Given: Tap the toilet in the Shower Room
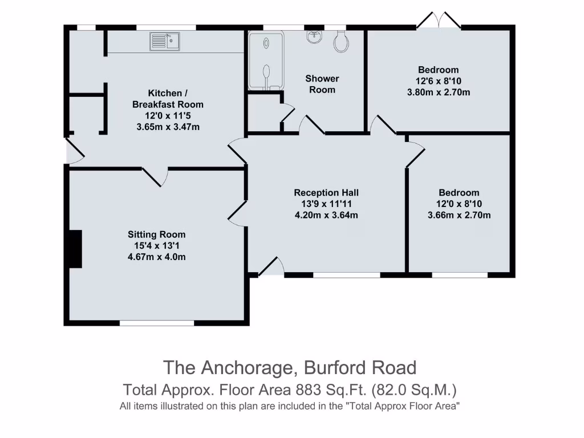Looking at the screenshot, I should [x=342, y=41].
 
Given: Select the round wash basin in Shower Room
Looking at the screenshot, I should [x=314, y=36].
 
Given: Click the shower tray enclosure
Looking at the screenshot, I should [x=266, y=59].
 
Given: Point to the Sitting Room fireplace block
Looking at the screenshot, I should [x=75, y=249].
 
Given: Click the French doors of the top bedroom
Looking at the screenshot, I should [x=439, y=21].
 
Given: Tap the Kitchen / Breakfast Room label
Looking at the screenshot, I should [x=168, y=99].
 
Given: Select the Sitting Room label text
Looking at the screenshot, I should [x=156, y=234].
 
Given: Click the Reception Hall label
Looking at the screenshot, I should [x=326, y=193].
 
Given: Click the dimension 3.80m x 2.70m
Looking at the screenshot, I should [x=438, y=92].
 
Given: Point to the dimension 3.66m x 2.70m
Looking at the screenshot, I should [x=459, y=215].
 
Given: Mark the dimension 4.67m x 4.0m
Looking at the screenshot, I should [x=156, y=257].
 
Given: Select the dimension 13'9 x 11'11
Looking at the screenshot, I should [x=326, y=204].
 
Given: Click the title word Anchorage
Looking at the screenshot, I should [x=247, y=367].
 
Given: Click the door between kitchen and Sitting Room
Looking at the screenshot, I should [x=153, y=176].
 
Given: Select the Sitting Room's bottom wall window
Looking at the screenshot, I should [x=157, y=323].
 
